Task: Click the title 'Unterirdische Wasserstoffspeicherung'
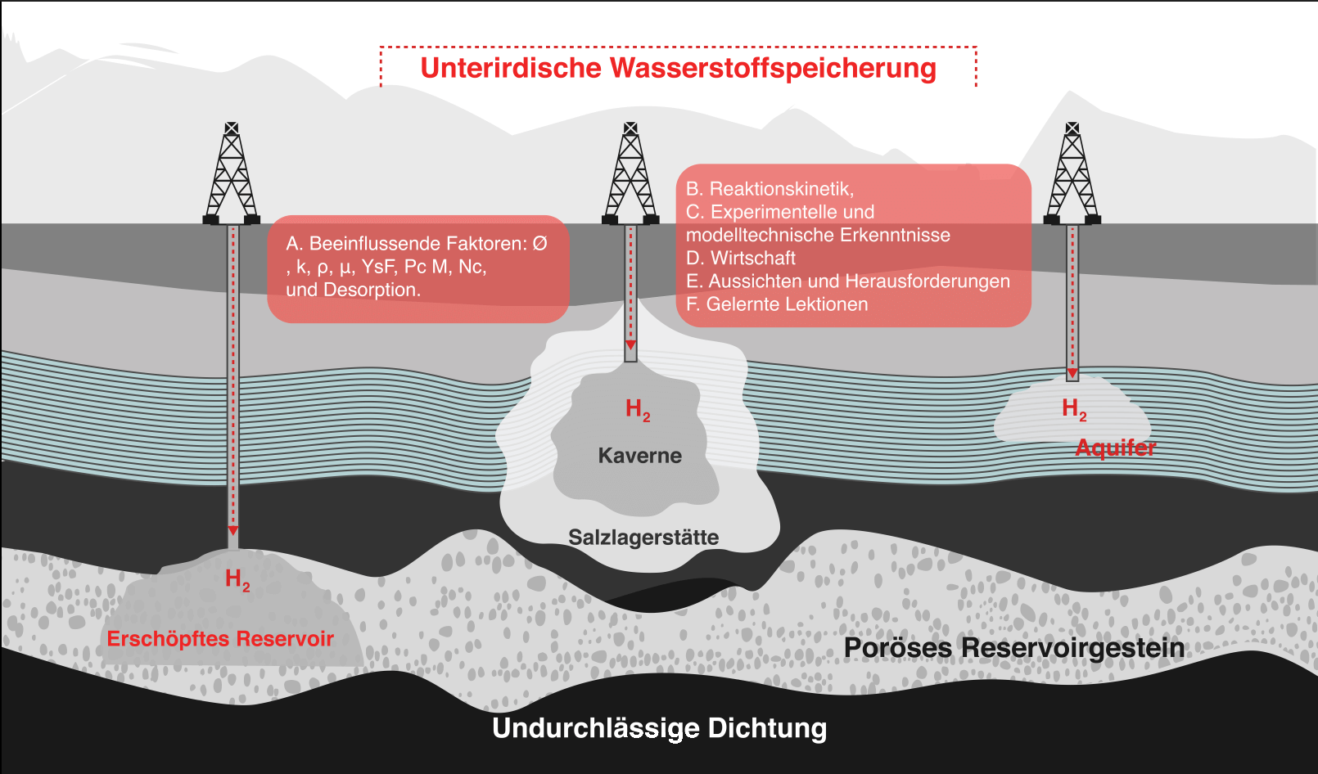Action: [x=678, y=68]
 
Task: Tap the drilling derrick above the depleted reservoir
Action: [x=232, y=173]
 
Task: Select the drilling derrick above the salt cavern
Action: [x=630, y=173]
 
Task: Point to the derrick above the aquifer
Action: [x=1072, y=173]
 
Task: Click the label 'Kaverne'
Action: [x=639, y=456]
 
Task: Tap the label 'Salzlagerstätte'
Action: [x=643, y=538]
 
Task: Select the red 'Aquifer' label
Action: [x=1115, y=448]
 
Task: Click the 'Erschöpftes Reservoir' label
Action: [x=220, y=638]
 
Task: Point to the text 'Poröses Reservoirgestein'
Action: [x=1013, y=647]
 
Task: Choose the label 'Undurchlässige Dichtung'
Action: [x=659, y=727]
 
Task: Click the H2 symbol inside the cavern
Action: [x=637, y=409]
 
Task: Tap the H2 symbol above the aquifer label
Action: [x=1073, y=408]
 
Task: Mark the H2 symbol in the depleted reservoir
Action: [x=237, y=580]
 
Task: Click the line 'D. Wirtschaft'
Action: [x=740, y=259]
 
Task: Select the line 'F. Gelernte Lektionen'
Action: [x=776, y=304]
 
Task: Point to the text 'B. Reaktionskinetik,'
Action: [x=770, y=189]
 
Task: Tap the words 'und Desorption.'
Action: [x=353, y=290]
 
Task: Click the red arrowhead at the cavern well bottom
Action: [x=630, y=346]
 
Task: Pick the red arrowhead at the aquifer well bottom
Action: [x=1072, y=373]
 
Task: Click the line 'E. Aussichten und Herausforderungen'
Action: [x=847, y=281]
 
